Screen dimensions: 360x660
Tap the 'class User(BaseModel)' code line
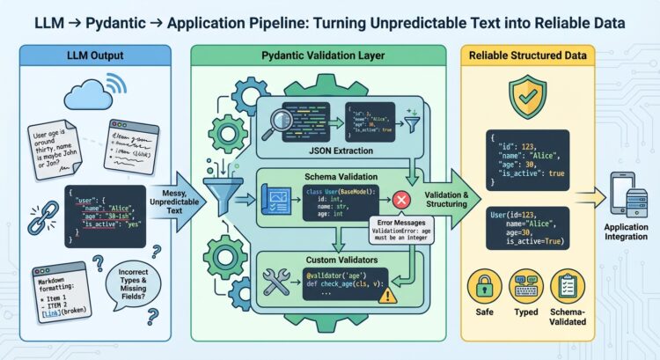pos(335,192)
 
